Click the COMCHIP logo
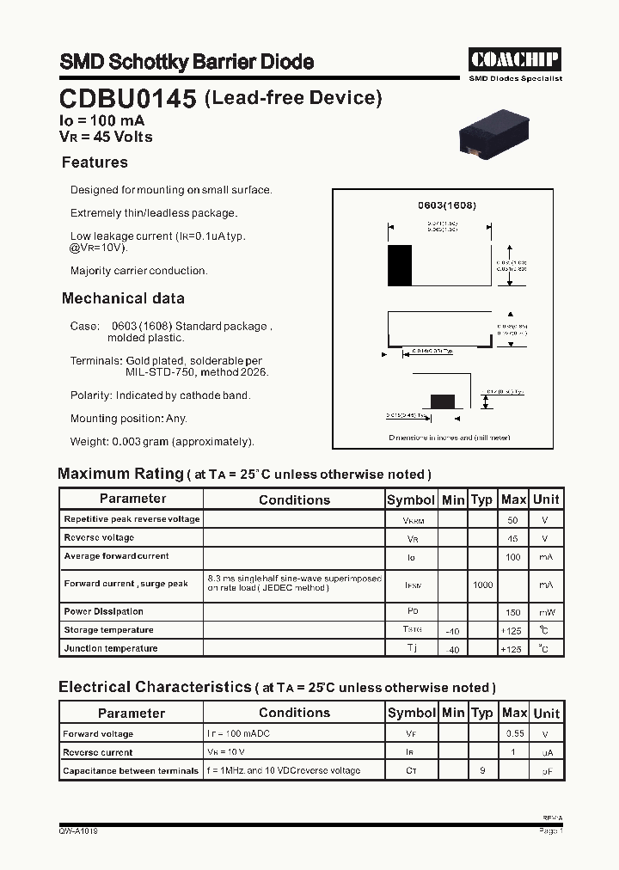tap(515, 59)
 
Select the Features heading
tap(95, 162)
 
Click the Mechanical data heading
tap(123, 298)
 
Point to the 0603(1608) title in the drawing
tap(447, 206)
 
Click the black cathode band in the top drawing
tap(400, 265)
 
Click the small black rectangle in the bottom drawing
tap(442, 401)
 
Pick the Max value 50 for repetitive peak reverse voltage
tap(513, 519)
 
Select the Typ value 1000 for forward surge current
tap(482, 585)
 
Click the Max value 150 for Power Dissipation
tap(513, 612)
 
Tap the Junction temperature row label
tap(111, 648)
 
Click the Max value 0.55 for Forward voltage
tap(513, 734)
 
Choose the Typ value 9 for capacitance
tap(482, 770)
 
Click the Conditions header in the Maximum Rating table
tap(294, 499)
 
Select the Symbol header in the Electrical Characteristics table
tap(412, 713)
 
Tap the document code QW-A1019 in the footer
tap(78, 831)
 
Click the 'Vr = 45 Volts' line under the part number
tap(106, 137)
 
